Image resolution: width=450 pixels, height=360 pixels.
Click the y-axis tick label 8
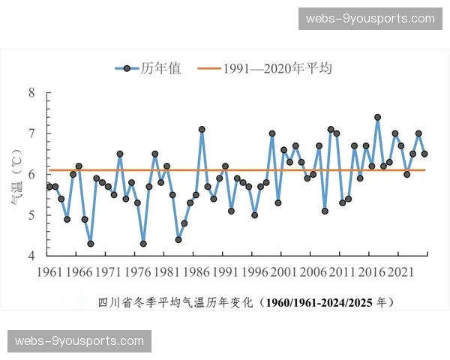[31, 93]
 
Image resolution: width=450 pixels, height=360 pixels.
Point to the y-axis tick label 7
[31, 133]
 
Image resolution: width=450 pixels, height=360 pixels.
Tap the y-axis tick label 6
[31, 174]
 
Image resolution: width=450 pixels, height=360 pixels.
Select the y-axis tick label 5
[31, 215]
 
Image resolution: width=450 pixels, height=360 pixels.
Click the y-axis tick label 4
[31, 256]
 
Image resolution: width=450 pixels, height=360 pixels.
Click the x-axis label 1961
[49, 271]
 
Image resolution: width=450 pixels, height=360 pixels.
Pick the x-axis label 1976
[137, 271]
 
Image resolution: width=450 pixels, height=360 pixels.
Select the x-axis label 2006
[313, 271]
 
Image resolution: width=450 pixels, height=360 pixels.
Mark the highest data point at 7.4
[377, 117]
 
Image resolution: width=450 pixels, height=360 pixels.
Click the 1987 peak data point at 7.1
[202, 129]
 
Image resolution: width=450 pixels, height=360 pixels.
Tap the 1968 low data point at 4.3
[91, 244]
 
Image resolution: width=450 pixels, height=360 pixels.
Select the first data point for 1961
[49, 186]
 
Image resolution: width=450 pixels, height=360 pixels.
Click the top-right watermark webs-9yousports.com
[370, 19]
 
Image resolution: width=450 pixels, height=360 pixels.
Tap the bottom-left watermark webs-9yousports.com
[80, 341]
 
